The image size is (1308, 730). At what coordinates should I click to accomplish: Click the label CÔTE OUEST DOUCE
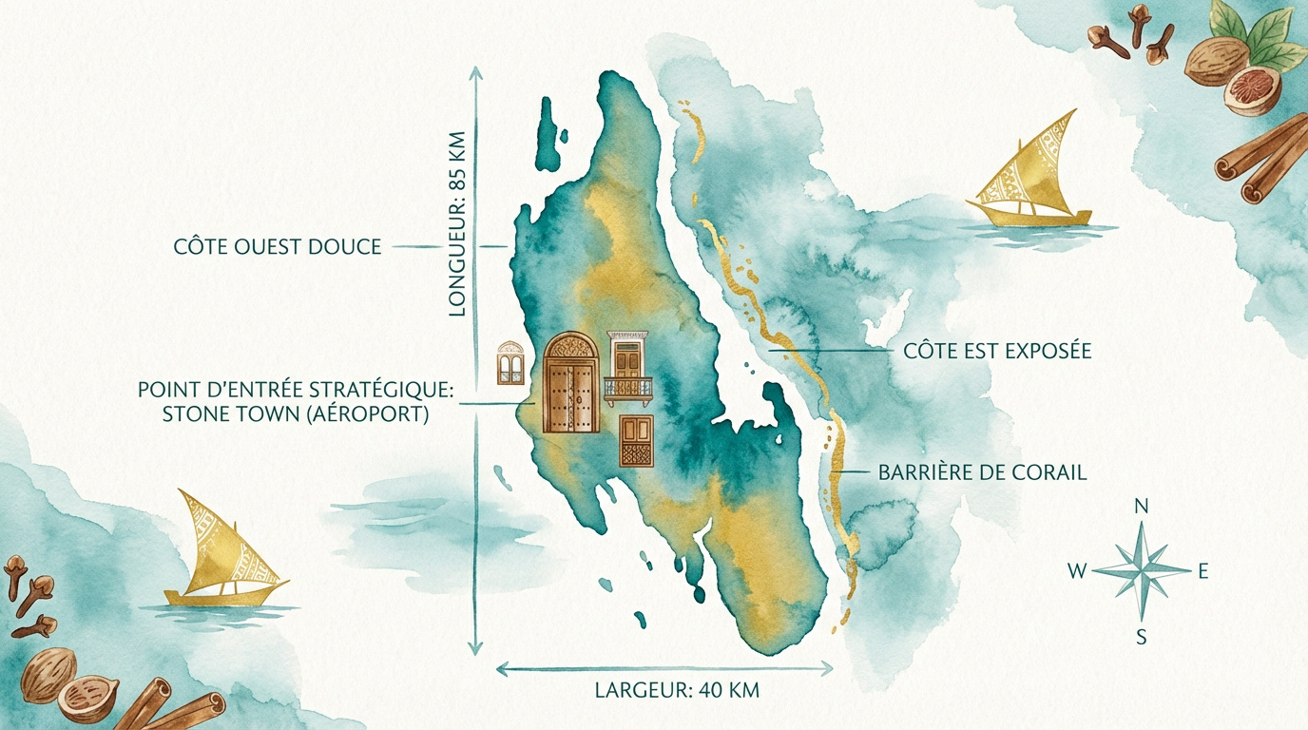[278, 247]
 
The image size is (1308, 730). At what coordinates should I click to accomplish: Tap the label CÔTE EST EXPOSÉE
[997, 352]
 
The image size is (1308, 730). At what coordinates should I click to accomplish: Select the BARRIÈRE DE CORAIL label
[982, 472]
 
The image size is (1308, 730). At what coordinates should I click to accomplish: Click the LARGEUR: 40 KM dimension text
[677, 691]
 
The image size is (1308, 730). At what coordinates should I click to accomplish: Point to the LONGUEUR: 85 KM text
[457, 222]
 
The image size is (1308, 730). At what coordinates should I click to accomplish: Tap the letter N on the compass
[1142, 507]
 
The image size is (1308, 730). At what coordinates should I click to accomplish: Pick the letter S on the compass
[1142, 638]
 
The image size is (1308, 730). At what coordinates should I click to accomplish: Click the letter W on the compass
[1077, 571]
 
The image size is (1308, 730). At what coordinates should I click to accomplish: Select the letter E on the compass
[1202, 571]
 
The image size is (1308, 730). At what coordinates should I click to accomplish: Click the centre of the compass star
[1142, 571]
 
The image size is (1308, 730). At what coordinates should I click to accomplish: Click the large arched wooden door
[572, 383]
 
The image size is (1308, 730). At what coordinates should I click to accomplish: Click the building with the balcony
[628, 368]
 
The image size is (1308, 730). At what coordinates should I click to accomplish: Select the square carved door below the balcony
[638, 440]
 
